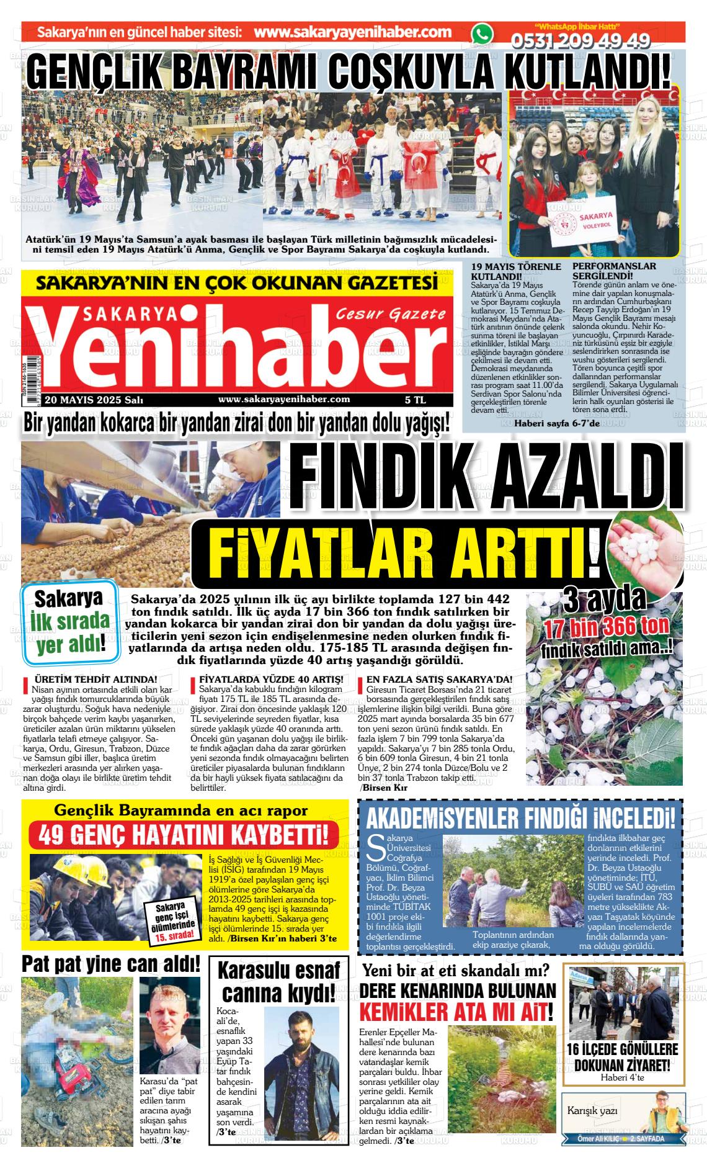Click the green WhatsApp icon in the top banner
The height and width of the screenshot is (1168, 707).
[x=481, y=35]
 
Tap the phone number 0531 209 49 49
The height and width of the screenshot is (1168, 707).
[x=580, y=40]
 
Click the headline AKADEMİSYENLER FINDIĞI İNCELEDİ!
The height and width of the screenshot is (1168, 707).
[x=520, y=818]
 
